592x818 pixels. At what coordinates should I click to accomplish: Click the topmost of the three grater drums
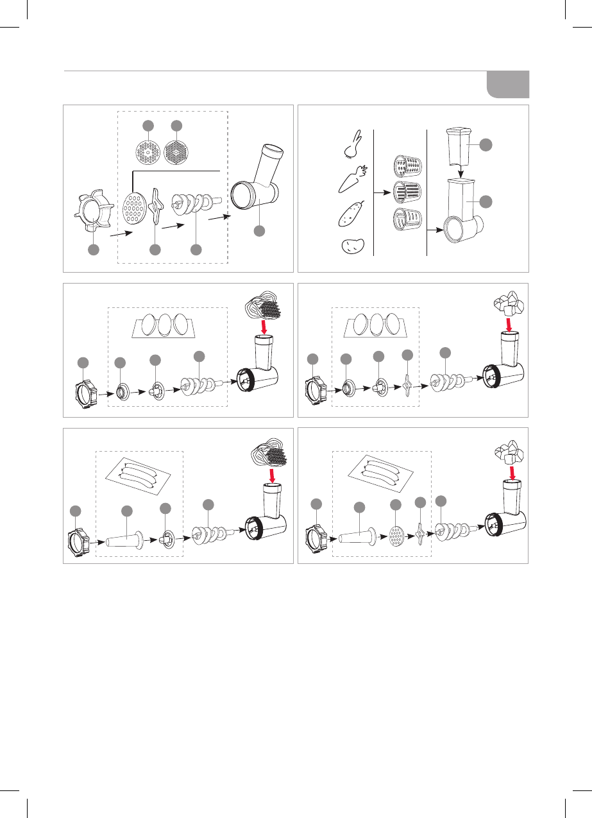tap(406, 166)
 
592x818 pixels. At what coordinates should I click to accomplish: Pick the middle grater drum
tap(406, 192)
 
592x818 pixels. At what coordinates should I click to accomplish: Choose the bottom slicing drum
tap(406, 219)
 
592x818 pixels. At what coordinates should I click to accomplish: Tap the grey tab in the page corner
tap(507, 84)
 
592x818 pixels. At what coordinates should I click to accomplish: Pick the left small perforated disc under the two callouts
tap(149, 153)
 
